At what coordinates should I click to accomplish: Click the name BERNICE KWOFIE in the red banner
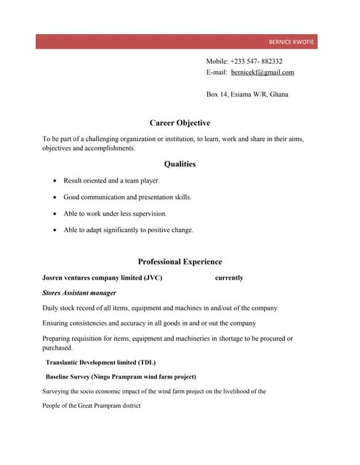pos(290,42)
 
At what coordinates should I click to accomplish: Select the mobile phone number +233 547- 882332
pos(256,62)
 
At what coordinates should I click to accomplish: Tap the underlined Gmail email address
pos(262,73)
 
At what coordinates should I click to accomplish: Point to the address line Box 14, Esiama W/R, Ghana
pos(247,94)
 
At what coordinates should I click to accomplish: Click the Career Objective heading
pos(180,124)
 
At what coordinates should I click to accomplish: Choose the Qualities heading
pos(180,164)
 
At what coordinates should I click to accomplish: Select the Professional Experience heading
pos(180,262)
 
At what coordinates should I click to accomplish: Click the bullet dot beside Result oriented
pos(56,181)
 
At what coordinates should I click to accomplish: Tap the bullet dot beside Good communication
pos(56,198)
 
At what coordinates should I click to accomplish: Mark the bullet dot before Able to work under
pos(56,214)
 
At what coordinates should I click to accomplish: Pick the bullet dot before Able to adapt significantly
pos(56,230)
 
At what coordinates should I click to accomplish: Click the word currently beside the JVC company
pos(229,278)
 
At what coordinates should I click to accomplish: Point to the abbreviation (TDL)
pos(145,363)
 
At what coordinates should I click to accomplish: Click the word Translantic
pos(63,363)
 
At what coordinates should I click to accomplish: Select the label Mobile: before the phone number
pos(217,62)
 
